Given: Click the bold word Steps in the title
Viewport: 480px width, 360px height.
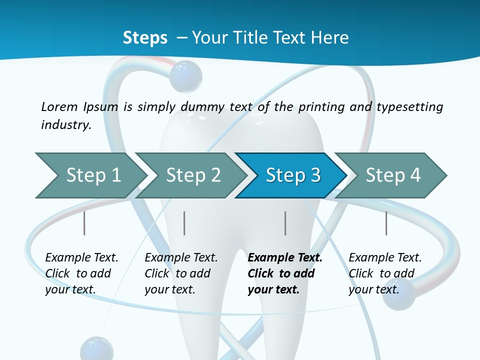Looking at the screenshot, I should click(145, 38).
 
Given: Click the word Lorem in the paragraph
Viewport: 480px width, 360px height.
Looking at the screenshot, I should click(59, 106).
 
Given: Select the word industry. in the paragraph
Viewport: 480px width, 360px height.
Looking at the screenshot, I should click(66, 125).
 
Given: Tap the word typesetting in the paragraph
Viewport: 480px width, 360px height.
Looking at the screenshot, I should click(409, 106).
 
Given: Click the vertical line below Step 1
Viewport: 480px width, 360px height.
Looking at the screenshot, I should click(84, 223).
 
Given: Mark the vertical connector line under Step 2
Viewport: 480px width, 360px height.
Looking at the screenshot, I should click(184, 223).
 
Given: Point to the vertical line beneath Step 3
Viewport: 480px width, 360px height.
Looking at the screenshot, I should click(285, 223).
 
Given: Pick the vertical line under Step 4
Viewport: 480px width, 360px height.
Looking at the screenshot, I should click(386, 223).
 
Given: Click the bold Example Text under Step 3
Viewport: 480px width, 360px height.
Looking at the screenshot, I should click(285, 258).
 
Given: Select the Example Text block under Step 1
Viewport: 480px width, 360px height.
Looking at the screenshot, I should click(81, 273).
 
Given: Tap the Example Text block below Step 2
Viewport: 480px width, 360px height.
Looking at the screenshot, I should click(181, 273).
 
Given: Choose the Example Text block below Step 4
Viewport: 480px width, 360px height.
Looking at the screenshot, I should click(385, 273).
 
